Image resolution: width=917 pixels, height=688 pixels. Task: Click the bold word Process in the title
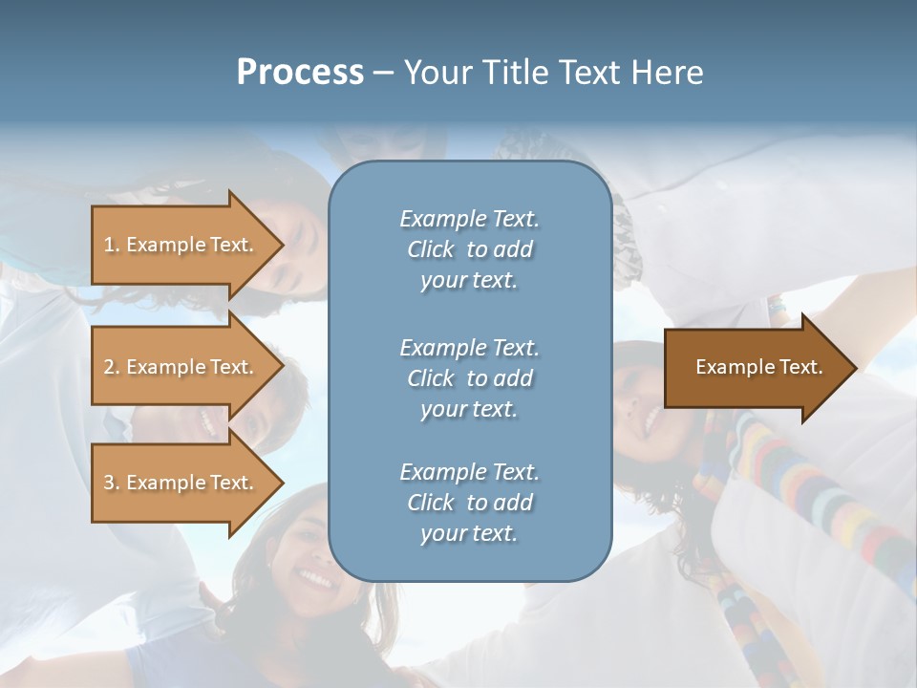300,73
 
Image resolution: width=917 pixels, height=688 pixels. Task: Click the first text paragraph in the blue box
469,249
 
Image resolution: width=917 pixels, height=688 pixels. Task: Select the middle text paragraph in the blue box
469,378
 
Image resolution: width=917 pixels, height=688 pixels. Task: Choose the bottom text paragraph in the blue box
469,503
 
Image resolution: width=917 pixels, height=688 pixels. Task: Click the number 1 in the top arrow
109,245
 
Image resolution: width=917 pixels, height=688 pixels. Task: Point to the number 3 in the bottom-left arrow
109,483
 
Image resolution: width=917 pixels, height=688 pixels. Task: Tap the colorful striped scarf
812,497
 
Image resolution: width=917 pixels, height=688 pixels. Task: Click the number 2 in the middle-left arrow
109,367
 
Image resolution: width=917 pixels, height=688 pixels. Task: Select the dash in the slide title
383,73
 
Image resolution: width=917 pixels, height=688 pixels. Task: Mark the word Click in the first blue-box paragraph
430,249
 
